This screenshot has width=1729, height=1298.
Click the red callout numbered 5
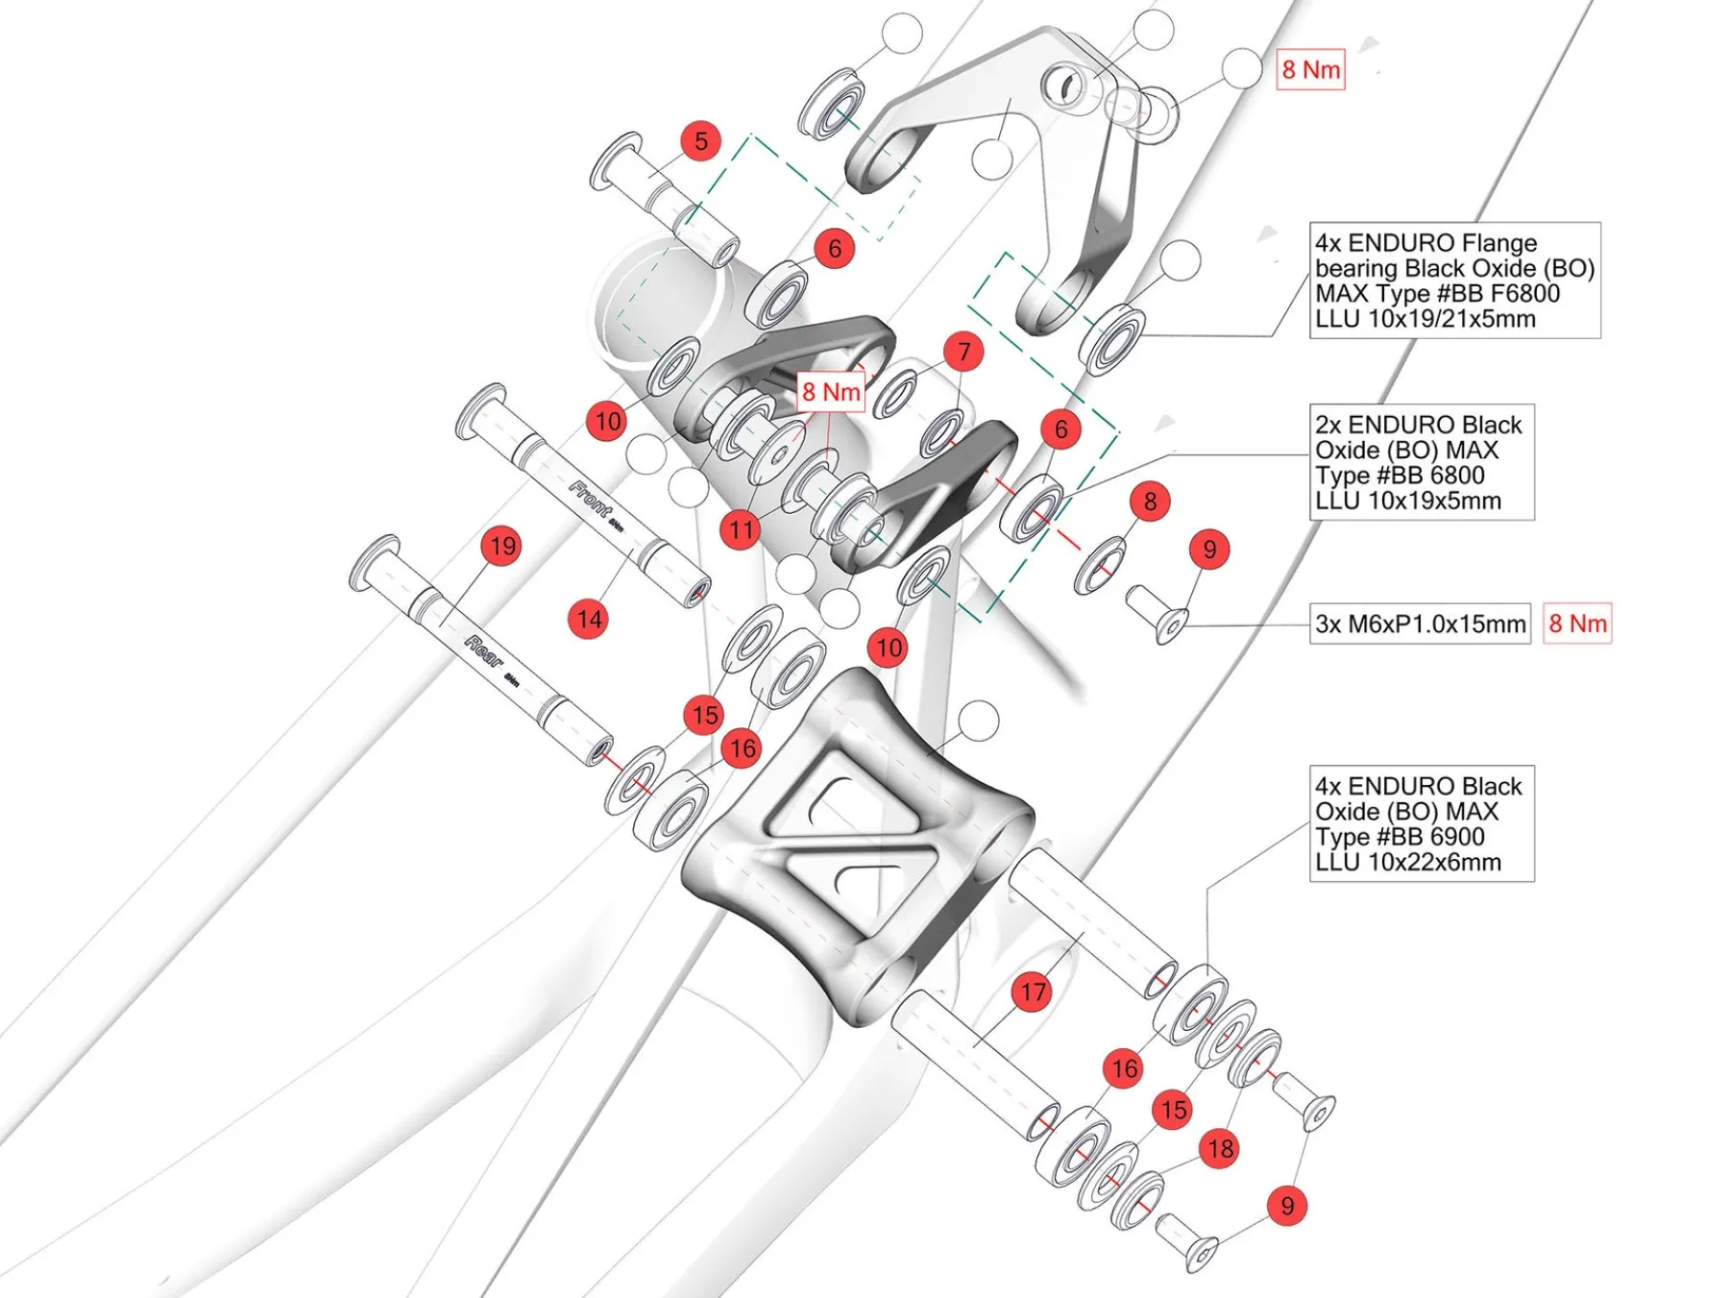pos(701,141)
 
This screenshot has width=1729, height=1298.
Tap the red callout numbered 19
pos(501,546)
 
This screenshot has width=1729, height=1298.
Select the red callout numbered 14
pos(589,619)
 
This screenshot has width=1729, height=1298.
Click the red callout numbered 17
pos(1033,992)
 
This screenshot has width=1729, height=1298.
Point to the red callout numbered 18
pos(1220,1148)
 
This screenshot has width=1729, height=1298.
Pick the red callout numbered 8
pos(1150,501)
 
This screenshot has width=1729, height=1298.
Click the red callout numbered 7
pos(963,352)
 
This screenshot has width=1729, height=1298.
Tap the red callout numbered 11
pos(740,529)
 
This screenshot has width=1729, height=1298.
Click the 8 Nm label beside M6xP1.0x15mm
pos(1576,624)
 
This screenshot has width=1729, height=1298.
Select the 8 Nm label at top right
pos(1310,70)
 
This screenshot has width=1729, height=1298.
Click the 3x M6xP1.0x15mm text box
pos(1420,624)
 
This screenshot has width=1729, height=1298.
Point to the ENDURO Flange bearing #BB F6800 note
pos(1454,281)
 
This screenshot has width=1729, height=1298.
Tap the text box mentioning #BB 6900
pos(1422,823)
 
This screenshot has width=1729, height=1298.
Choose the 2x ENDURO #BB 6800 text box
pos(1422,462)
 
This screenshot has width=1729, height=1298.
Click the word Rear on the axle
pos(483,651)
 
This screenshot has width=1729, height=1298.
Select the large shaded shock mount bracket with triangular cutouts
pos(855,845)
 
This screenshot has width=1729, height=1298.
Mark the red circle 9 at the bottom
pos(1287,1205)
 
